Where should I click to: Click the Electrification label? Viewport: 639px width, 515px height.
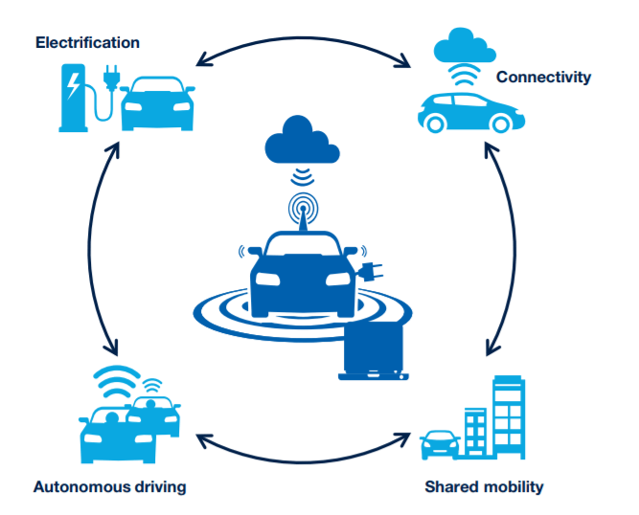[x=87, y=42]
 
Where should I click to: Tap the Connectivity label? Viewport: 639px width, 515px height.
[x=543, y=77]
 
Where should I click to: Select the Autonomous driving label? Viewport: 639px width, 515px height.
[x=109, y=486]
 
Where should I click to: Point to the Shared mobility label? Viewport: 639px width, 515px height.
[x=484, y=486]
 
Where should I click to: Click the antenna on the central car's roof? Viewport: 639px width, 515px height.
[x=303, y=213]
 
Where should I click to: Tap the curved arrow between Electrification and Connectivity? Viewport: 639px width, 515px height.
[x=303, y=41]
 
